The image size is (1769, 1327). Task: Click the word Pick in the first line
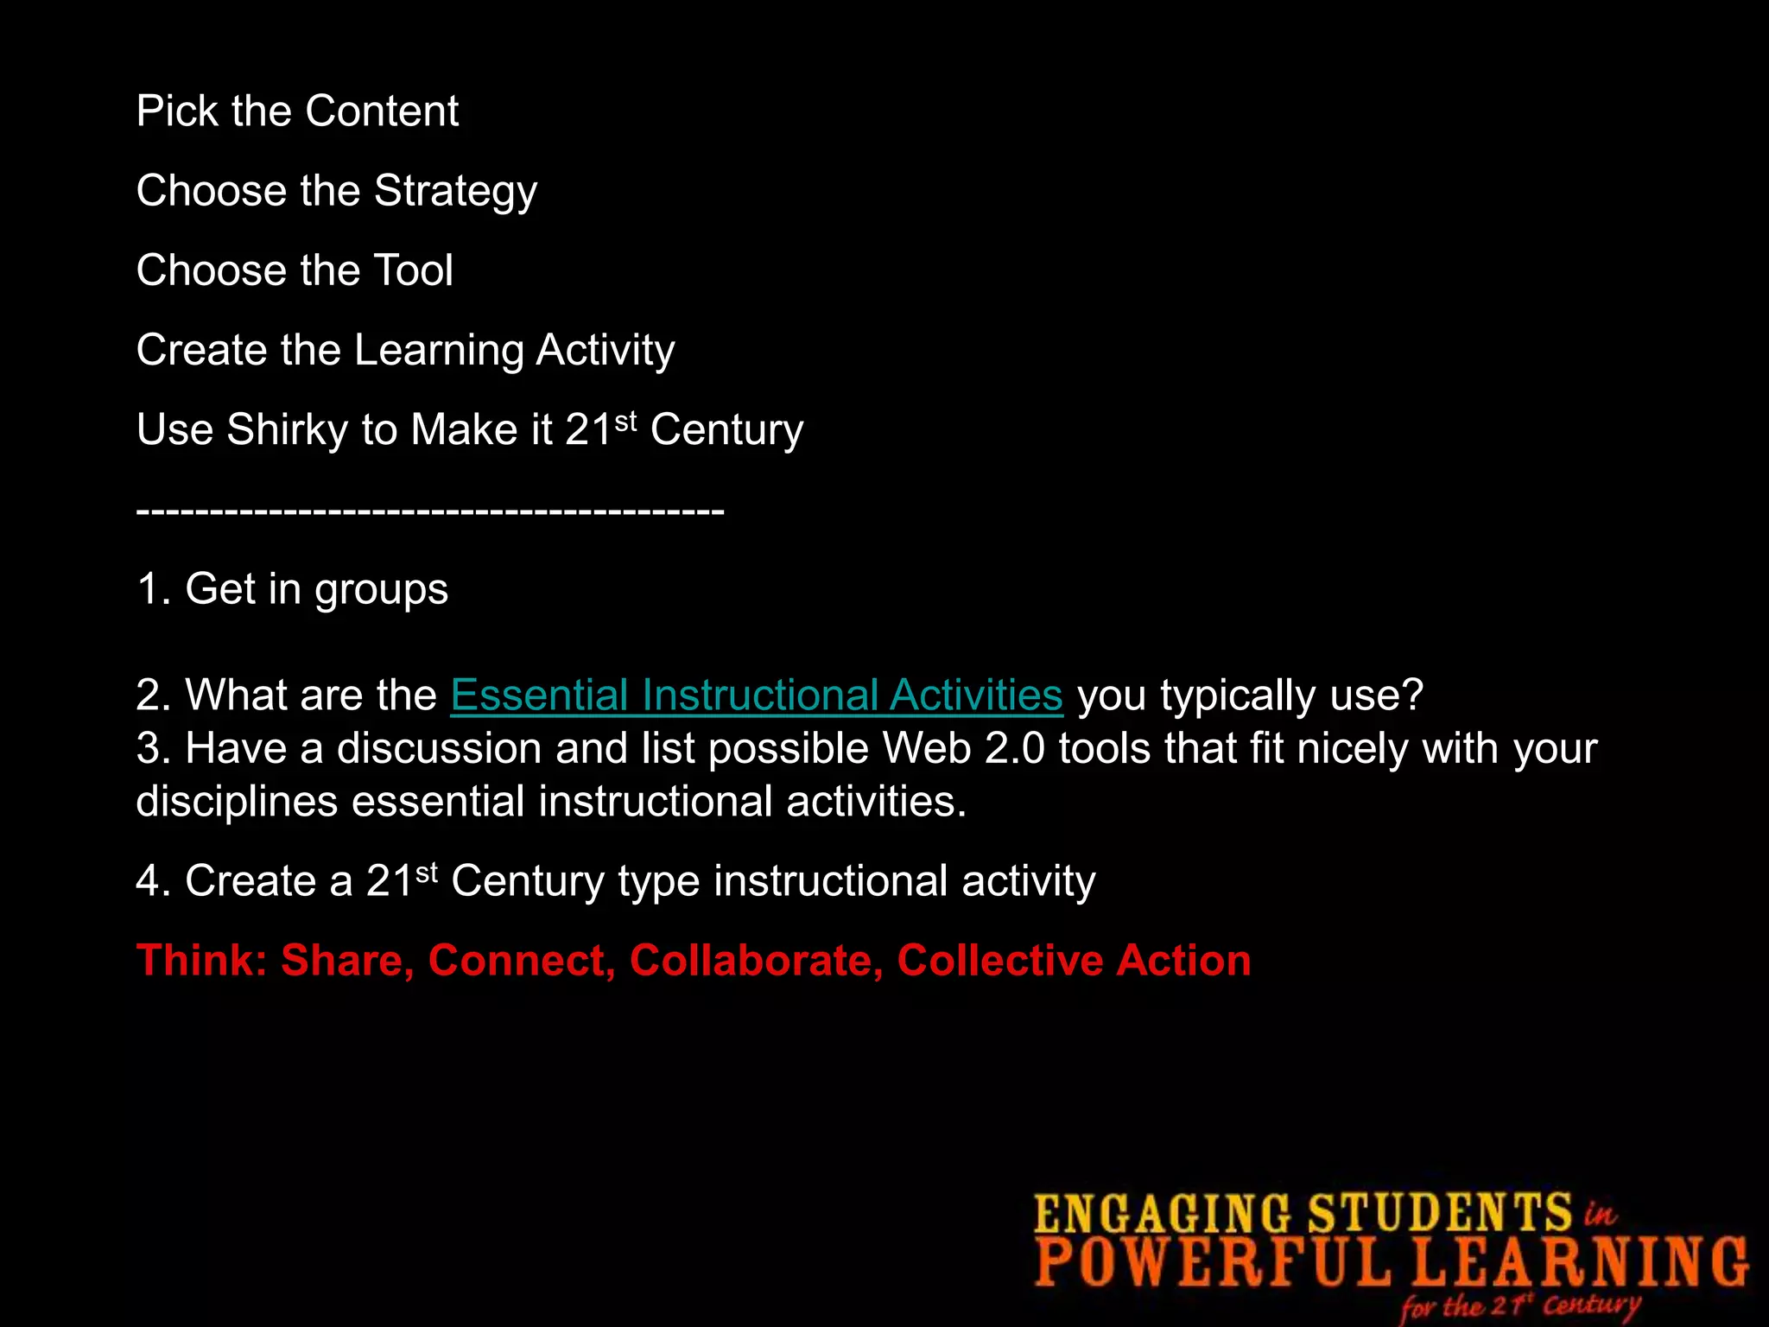(177, 111)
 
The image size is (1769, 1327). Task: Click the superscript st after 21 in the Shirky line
(626, 420)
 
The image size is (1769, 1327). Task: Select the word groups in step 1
(381, 590)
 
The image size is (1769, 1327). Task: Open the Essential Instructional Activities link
(756, 695)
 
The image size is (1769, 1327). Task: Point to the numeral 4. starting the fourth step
(153, 881)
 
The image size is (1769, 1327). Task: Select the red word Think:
(202, 961)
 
